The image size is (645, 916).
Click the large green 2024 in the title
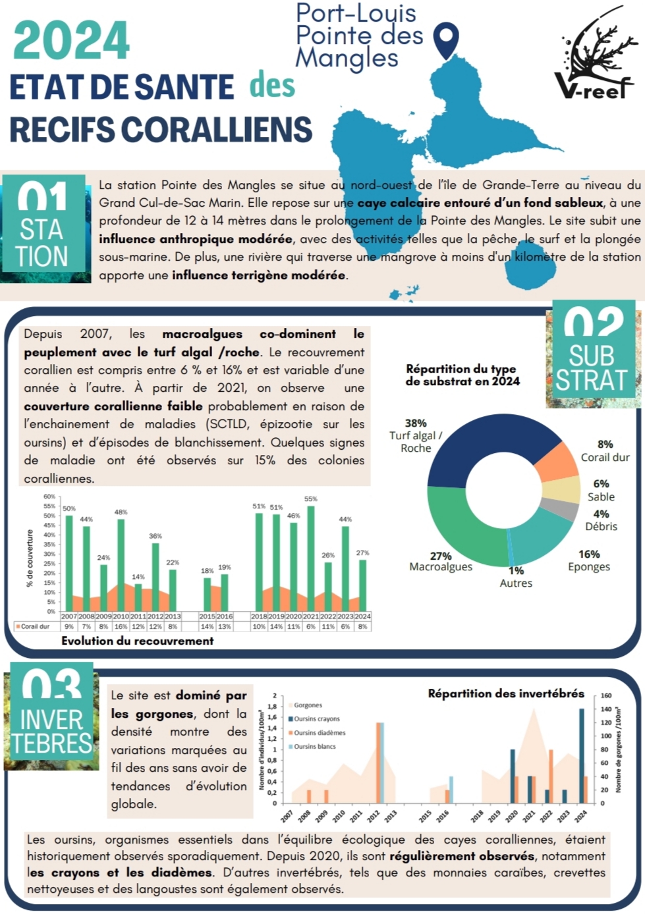click(x=71, y=41)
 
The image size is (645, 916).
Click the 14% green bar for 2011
click(x=138, y=596)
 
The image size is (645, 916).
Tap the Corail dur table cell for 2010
click(x=121, y=627)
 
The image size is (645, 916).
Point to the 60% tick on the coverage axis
click(x=49, y=497)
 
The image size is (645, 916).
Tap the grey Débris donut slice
click(x=567, y=509)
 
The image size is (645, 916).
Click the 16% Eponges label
click(x=589, y=560)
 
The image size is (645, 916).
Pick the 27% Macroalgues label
click(x=441, y=562)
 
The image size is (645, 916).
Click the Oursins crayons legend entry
click(x=314, y=719)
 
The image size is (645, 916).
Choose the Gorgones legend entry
click(x=306, y=705)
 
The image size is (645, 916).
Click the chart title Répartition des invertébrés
click(x=506, y=693)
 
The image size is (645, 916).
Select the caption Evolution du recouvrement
click(x=138, y=641)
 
